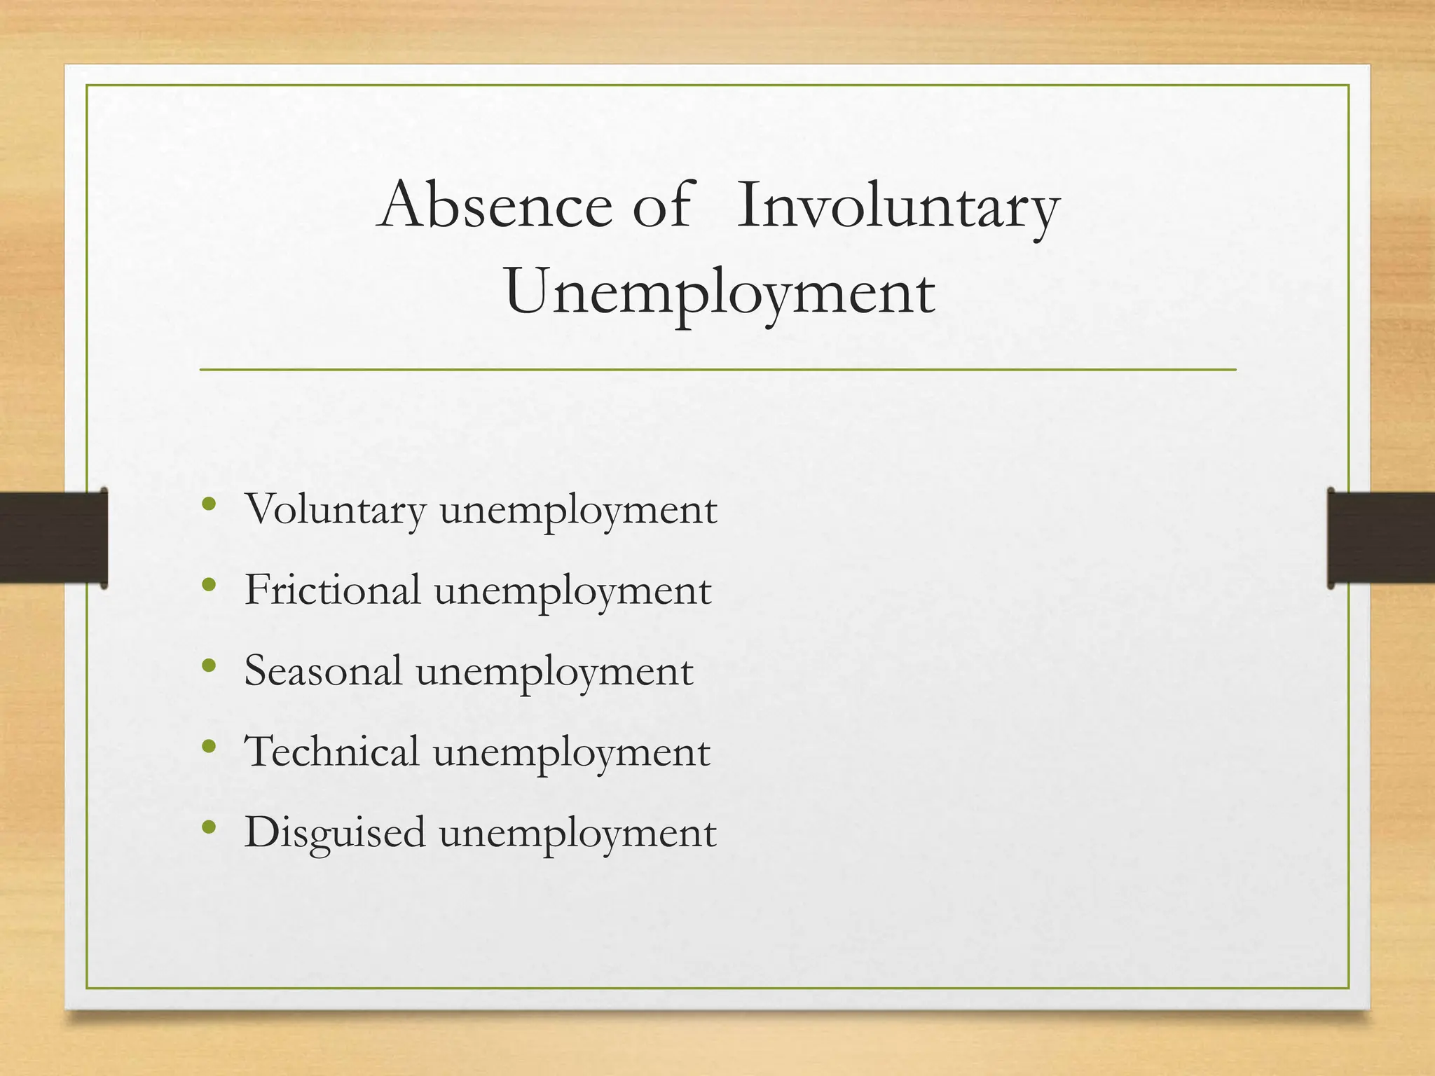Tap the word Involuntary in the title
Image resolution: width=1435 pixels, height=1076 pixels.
click(x=898, y=207)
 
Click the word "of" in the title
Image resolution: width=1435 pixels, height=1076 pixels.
click(x=662, y=206)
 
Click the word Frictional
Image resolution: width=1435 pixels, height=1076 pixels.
click(x=332, y=590)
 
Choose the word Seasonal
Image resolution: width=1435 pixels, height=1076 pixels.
click(x=323, y=670)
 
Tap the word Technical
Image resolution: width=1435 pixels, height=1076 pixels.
click(x=331, y=752)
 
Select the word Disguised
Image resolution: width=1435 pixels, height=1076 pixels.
click(x=334, y=832)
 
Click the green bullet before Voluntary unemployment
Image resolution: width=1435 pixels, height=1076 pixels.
click(x=208, y=504)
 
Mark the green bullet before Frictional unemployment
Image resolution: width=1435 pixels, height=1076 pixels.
click(x=208, y=584)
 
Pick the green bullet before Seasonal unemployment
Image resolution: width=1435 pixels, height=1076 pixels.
click(x=208, y=665)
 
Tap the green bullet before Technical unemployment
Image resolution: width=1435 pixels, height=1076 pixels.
click(x=208, y=746)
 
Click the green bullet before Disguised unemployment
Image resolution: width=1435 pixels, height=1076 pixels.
click(x=208, y=827)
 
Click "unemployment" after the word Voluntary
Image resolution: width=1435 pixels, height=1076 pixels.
click(x=578, y=511)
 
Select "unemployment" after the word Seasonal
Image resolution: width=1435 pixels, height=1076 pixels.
click(x=554, y=672)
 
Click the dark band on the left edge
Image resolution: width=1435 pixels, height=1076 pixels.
click(x=53, y=537)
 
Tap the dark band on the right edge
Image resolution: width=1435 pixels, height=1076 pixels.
click(x=1381, y=537)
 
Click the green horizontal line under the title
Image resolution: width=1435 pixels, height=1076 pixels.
click(x=717, y=369)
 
